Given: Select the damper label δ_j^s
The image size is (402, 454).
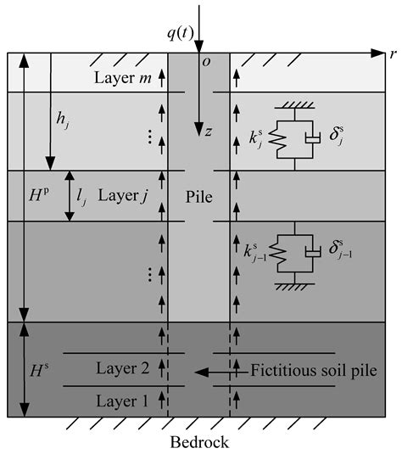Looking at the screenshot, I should [x=333, y=135].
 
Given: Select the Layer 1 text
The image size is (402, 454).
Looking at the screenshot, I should [x=124, y=400].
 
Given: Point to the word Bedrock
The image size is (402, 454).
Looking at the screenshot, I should [x=200, y=442].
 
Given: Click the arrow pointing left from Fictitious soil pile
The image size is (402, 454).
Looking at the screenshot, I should [x=221, y=371].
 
